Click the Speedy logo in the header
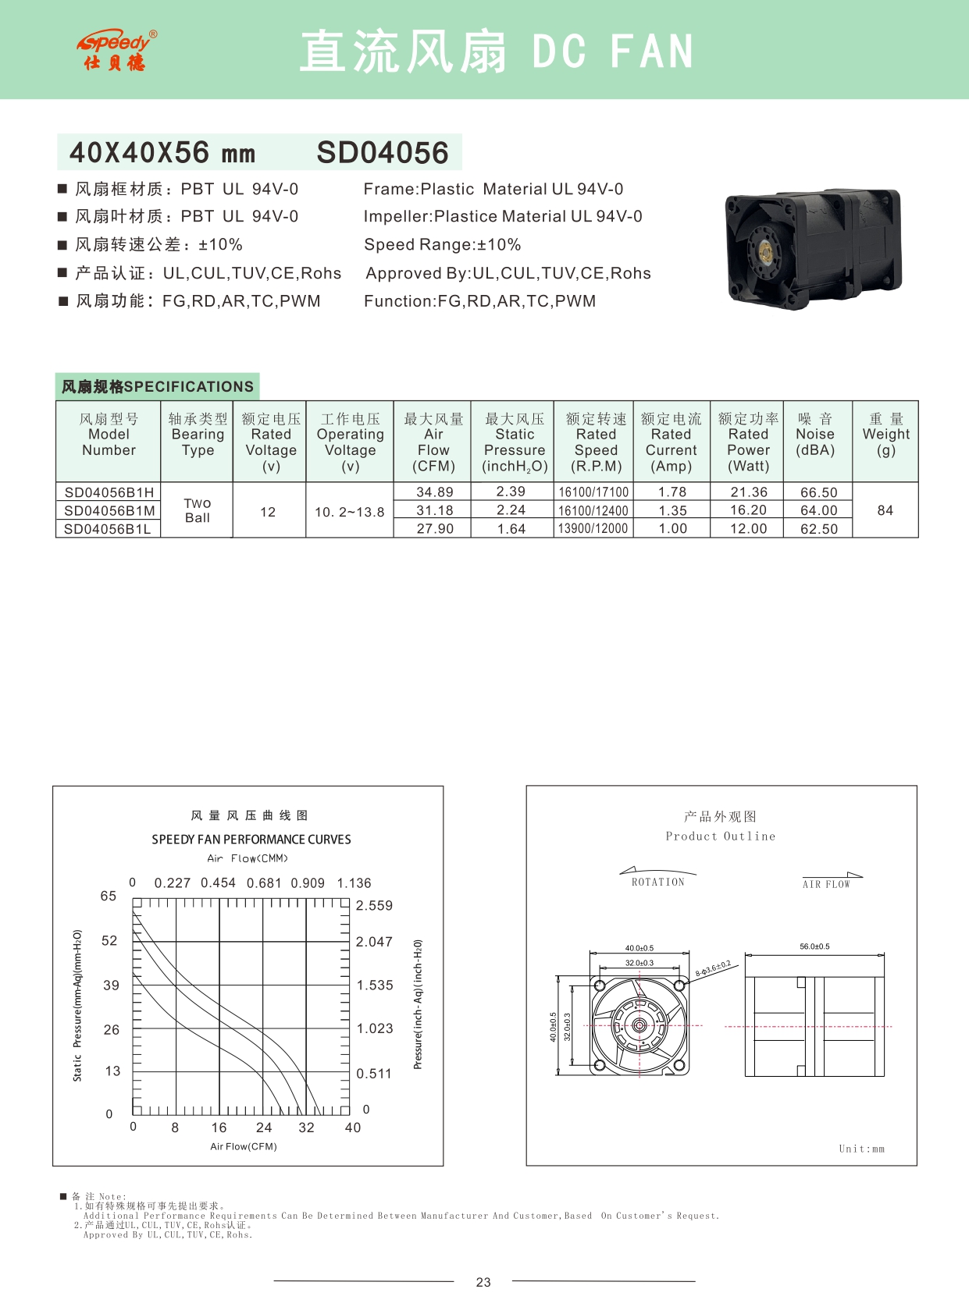pyautogui.click(x=116, y=51)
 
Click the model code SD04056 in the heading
pyautogui.click(x=383, y=153)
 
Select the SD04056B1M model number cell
pyautogui.click(x=109, y=511)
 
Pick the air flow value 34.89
pyautogui.click(x=434, y=492)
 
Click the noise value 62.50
pyautogui.click(x=818, y=529)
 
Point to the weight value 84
pyautogui.click(x=885, y=510)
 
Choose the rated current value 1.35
pyautogui.click(x=672, y=511)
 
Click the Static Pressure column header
pyautogui.click(x=515, y=442)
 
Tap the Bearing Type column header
pyautogui.click(x=198, y=435)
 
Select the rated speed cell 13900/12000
pyautogui.click(x=593, y=529)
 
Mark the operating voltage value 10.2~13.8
pyautogui.click(x=349, y=512)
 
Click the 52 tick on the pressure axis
pyautogui.click(x=109, y=941)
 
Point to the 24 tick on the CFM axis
pyautogui.click(x=264, y=1128)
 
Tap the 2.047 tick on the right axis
pyautogui.click(x=374, y=942)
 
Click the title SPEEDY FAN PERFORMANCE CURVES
pyautogui.click(x=251, y=840)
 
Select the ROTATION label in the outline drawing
pyautogui.click(x=657, y=883)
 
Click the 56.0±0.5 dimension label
pyautogui.click(x=814, y=946)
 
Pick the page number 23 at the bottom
pyautogui.click(x=483, y=1282)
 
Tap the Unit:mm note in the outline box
pyautogui.click(x=861, y=1149)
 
